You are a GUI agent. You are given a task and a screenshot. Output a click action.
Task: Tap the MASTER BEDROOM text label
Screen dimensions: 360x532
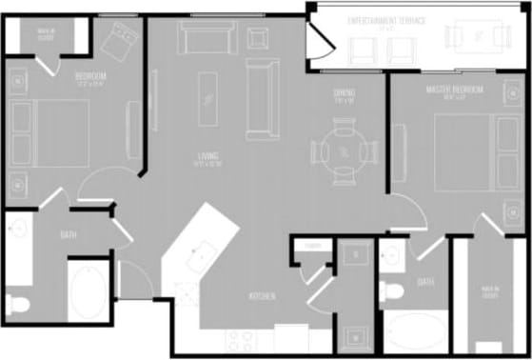coord(454,90)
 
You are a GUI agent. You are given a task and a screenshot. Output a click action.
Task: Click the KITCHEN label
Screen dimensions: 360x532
coord(263,297)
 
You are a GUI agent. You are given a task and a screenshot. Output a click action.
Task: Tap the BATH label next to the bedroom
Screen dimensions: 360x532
coord(69,234)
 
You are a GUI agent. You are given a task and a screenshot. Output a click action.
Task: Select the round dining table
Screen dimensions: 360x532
coord(342,150)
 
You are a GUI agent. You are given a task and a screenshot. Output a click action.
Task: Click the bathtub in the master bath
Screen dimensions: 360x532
coord(415,331)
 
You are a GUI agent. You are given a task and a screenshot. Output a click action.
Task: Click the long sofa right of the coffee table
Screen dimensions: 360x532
coord(258,98)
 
